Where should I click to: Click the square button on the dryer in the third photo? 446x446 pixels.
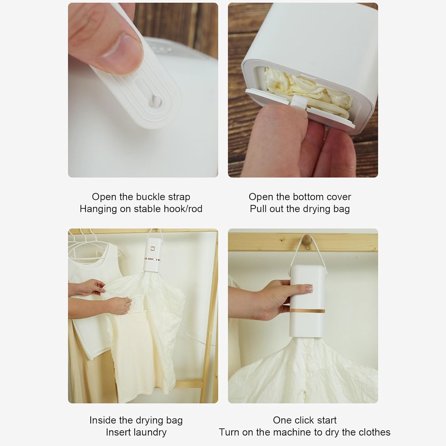(x=154, y=248)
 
